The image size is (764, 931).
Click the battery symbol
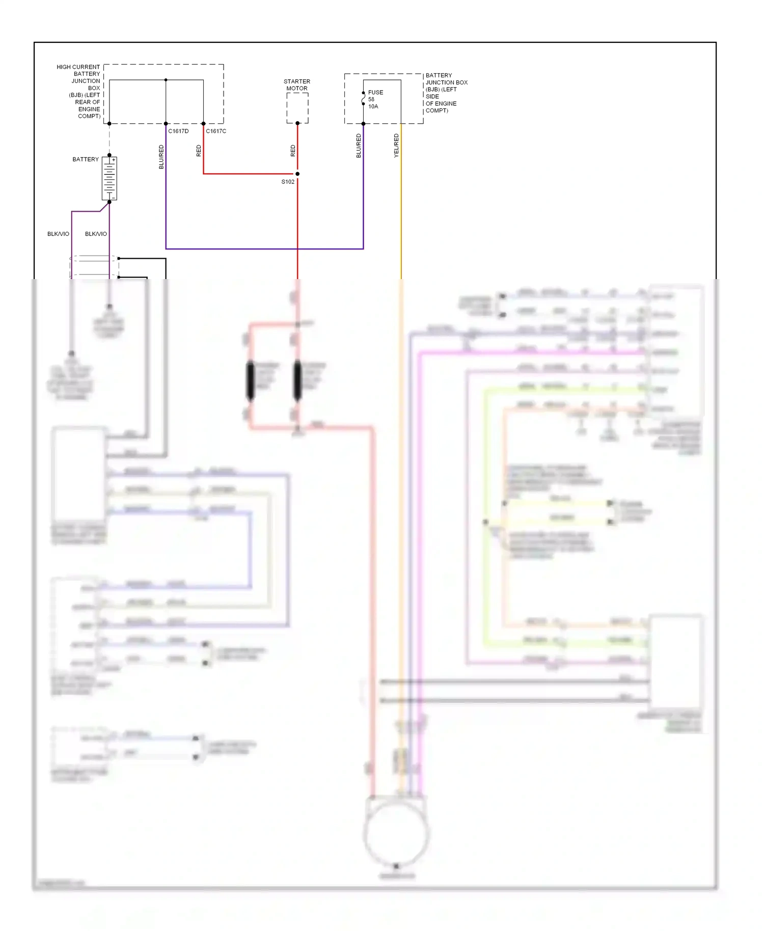[110, 178]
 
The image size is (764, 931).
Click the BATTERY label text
[86, 159]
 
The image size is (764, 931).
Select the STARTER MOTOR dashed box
[297, 108]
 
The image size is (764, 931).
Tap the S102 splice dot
[297, 174]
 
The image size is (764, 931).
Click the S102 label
[288, 182]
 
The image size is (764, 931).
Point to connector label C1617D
[178, 131]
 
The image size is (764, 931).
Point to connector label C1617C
[216, 131]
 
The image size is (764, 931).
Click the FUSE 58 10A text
[375, 99]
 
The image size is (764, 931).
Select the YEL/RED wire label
[396, 146]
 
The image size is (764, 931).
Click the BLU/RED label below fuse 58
[359, 146]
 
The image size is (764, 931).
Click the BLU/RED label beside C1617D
[161, 157]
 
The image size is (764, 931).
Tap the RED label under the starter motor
[293, 151]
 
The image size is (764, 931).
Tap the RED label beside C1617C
[199, 151]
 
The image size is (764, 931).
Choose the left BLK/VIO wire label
[58, 234]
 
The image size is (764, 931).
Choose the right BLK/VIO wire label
[96, 234]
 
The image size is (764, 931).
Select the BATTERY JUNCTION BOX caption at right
[445, 93]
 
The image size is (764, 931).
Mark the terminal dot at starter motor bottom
[297, 123]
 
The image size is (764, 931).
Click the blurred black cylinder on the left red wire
[250, 380]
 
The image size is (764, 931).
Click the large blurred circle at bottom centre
[396, 834]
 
